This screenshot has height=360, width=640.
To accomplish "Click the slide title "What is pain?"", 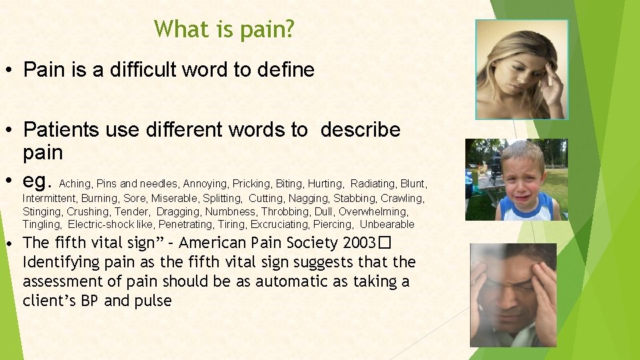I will click(x=223, y=29).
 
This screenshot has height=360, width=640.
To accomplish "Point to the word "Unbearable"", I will click(x=387, y=225).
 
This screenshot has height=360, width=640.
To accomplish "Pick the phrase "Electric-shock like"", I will click(x=111, y=225).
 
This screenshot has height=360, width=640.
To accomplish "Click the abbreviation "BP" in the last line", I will click(x=90, y=301).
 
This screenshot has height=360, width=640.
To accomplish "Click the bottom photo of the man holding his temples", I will click(x=513, y=294).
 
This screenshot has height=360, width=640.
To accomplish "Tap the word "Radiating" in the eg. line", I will click(x=371, y=183).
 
